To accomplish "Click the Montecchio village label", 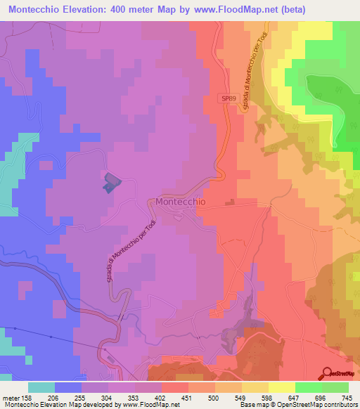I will (x=181, y=202).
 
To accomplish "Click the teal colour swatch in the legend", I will (x=41, y=387).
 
